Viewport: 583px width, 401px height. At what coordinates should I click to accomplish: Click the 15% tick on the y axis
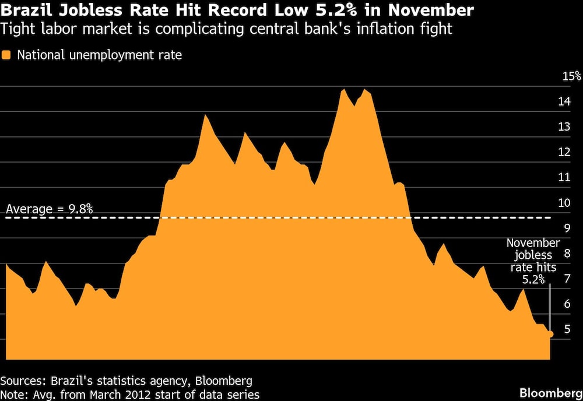point(571,76)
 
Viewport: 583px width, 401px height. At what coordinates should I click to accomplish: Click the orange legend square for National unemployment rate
point(6,56)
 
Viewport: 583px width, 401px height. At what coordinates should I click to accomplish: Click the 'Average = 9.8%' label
point(49,209)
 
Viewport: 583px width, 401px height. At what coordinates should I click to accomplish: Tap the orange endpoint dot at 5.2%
point(550,334)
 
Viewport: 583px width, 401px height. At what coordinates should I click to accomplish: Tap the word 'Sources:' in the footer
point(23,381)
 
